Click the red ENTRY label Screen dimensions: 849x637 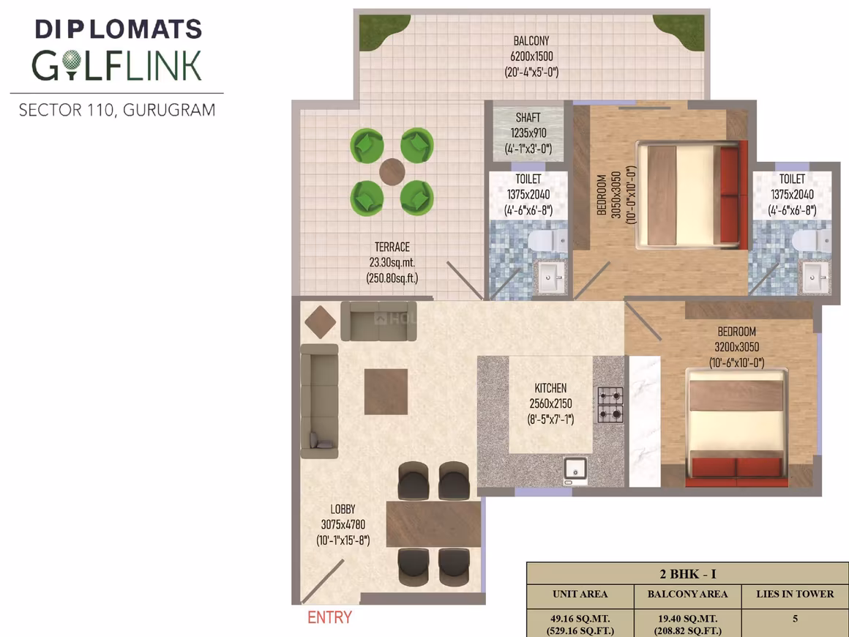click(x=329, y=617)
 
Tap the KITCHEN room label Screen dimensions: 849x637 click(x=550, y=388)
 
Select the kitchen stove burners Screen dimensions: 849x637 click(x=610, y=405)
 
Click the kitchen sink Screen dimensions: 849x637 click(x=575, y=469)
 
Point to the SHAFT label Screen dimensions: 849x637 click(x=528, y=118)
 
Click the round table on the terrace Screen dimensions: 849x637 click(x=392, y=172)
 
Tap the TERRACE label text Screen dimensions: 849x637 click(x=392, y=247)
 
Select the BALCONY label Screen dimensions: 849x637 click(x=531, y=40)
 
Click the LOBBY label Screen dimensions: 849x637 click(x=343, y=509)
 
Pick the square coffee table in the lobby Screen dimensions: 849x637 click(x=386, y=392)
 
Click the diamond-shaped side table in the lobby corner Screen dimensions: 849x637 click(x=321, y=321)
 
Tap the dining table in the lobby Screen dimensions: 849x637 click(x=434, y=524)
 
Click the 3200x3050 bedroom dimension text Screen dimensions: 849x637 click(x=736, y=347)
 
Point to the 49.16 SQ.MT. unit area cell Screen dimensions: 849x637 click(x=580, y=625)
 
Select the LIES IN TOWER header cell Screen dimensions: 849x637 click(x=795, y=595)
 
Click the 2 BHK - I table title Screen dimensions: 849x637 click(x=688, y=573)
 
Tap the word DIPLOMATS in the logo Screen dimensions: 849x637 click(x=119, y=29)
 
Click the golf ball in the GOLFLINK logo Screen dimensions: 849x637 click(x=71, y=62)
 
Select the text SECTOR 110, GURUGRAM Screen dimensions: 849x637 click(x=117, y=110)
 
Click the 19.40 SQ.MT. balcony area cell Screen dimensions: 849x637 click(x=688, y=625)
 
